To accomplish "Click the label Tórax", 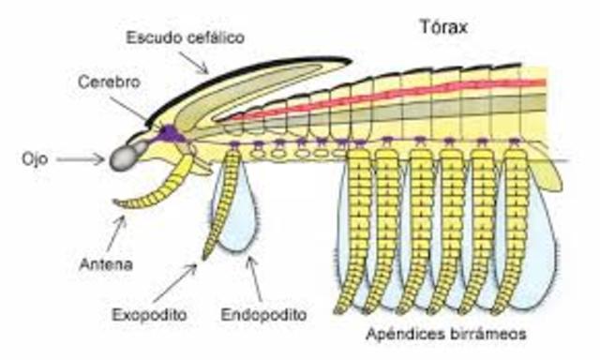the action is pyautogui.click(x=443, y=27).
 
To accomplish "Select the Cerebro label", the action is pyautogui.click(x=109, y=82).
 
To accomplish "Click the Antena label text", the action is pyautogui.click(x=106, y=264).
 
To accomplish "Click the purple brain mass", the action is pyautogui.click(x=169, y=134).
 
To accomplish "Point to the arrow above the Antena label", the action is pyautogui.click(x=117, y=231).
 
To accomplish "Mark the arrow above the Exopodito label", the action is pyautogui.click(x=182, y=277).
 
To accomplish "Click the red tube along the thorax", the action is pyautogui.click(x=394, y=97).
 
